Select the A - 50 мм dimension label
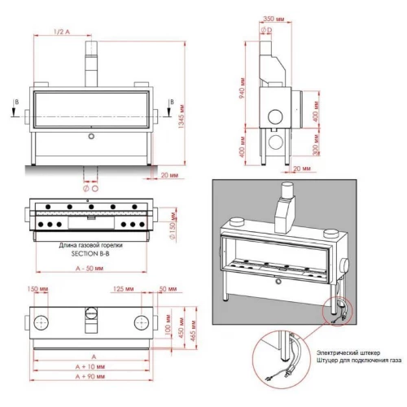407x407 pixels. [90, 268]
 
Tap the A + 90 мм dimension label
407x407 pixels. [91, 378]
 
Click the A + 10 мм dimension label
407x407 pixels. [91, 367]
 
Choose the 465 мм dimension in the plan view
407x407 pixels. [195, 326]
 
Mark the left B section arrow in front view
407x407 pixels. [16, 103]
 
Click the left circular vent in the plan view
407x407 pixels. [44, 317]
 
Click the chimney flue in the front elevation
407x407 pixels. [90, 59]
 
